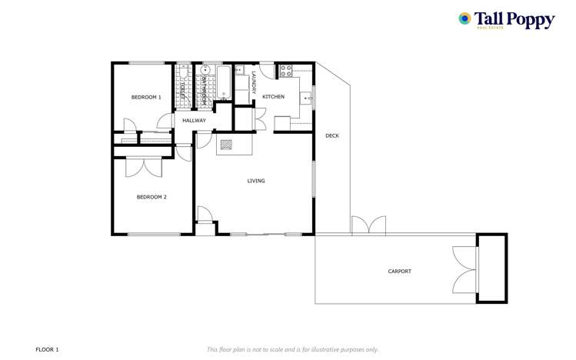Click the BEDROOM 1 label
click(146, 97)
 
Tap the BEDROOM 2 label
click(151, 197)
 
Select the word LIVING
click(256, 181)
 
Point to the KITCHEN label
click(273, 97)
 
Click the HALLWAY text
click(194, 121)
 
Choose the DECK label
click(331, 136)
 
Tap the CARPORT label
click(399, 272)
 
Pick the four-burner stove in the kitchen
click(285, 71)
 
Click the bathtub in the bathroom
click(224, 82)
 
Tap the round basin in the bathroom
click(205, 70)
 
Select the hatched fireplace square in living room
click(226, 143)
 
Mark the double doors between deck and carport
click(368, 226)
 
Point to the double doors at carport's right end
click(464, 268)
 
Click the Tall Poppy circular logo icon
click(464, 18)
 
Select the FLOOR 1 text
click(47, 349)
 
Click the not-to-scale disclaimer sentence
click(292, 349)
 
